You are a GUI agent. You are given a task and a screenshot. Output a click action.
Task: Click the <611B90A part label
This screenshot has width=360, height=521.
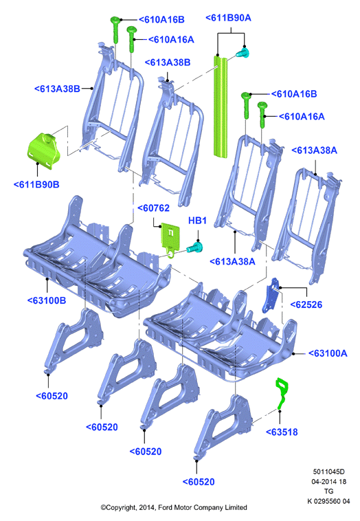[x=229, y=18]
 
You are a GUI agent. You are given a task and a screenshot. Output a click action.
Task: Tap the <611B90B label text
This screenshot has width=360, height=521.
[x=36, y=184]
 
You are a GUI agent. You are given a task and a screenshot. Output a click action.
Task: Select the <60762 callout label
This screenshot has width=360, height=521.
[x=153, y=208]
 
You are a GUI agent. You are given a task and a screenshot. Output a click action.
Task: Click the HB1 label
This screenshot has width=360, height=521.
[x=197, y=221]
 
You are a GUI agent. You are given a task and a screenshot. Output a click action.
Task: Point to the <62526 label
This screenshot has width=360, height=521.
[x=306, y=304]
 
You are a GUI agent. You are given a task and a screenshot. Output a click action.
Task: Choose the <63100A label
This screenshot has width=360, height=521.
[x=328, y=353]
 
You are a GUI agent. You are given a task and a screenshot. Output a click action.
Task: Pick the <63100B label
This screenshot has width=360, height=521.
[x=47, y=300]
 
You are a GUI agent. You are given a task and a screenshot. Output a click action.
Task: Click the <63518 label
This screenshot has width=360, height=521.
[x=282, y=432]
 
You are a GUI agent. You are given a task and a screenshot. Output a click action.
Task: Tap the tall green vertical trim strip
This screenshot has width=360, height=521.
[x=220, y=107]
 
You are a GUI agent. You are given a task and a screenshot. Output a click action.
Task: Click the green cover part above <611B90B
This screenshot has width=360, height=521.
[x=43, y=151]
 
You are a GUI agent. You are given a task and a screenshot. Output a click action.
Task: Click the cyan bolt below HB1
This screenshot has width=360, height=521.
[x=195, y=247]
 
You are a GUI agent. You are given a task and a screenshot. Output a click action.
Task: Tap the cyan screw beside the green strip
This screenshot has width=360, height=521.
[x=243, y=53]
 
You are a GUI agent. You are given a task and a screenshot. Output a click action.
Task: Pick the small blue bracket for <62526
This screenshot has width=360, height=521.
[x=270, y=296]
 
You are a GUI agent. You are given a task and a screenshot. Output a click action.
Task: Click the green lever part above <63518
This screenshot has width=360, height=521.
[x=282, y=392]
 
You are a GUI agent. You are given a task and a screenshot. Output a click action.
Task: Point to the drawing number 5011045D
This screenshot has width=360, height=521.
[x=328, y=472]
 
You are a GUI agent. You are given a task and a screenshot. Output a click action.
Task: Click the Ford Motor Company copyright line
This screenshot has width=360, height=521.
[x=174, y=507]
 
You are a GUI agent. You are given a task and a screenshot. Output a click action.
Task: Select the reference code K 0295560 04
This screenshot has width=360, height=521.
[x=328, y=501]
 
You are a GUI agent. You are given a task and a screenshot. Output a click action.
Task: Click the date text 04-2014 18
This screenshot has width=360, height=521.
[x=328, y=481]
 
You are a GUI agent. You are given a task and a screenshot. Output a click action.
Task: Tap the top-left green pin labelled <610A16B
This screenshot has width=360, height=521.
[x=115, y=30]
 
